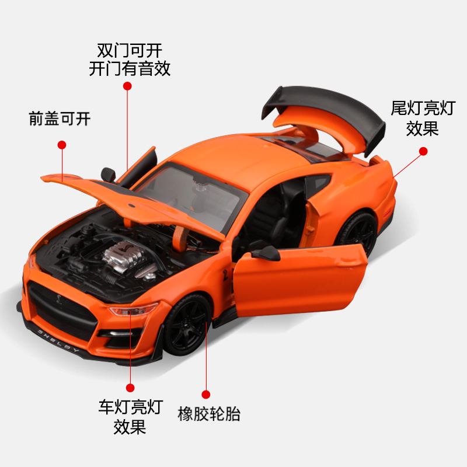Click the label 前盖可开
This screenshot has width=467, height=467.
coord(60,119)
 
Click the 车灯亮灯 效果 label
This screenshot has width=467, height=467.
coord(130,417)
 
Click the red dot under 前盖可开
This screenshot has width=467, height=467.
coord(62,145)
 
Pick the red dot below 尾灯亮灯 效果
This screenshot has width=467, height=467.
coord(424,151)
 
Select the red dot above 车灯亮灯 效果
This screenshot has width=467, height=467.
coord(130,387)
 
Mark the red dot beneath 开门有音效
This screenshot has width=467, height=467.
coord(128,86)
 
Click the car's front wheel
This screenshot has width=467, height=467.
coord(186,324)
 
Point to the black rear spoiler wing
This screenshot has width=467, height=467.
coord(325,106)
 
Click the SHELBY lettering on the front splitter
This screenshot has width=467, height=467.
coord(59,341)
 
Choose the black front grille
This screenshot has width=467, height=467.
coord(58,309)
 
